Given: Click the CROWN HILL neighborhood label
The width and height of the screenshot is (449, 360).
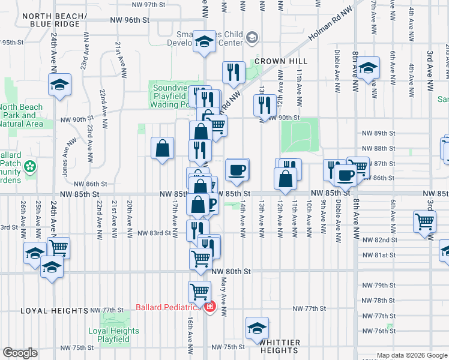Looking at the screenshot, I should [x=280, y=61].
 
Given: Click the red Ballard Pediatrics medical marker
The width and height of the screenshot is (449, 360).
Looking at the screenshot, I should [x=209, y=308].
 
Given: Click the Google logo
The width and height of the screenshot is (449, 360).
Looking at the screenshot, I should [x=20, y=353].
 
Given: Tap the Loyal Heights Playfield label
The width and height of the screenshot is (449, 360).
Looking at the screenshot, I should [x=113, y=335].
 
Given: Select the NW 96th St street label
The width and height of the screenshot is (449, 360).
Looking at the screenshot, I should [x=129, y=20].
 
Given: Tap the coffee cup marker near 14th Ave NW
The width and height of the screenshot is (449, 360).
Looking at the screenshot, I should [x=237, y=170].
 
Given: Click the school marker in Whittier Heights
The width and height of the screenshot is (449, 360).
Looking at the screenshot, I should [x=257, y=328].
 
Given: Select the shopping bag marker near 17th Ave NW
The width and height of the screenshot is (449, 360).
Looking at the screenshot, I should [x=163, y=148].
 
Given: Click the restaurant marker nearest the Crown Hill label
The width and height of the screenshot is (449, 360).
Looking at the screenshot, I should [x=232, y=73].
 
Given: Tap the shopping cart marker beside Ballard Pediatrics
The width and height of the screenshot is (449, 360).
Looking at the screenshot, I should [x=200, y=292].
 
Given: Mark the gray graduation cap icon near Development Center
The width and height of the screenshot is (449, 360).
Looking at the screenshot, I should [x=252, y=38].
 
